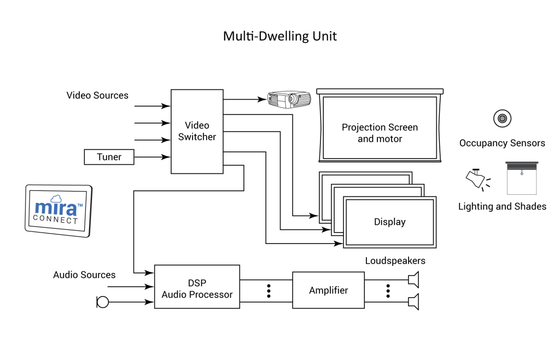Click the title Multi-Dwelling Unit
[x=279, y=37]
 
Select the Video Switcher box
[x=197, y=131]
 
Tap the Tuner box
[x=109, y=157]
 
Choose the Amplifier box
[x=328, y=290]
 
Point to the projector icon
[x=289, y=99]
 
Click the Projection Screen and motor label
[x=380, y=133]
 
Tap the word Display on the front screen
[x=389, y=222]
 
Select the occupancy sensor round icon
[x=501, y=118]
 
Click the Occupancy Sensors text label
[x=501, y=143]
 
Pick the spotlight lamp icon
[x=475, y=178]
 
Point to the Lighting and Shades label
[x=501, y=206]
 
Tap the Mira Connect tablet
[x=59, y=211]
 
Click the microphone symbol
[x=102, y=301]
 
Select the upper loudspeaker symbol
[x=413, y=280]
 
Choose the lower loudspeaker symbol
[x=413, y=301]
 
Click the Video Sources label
[x=97, y=95]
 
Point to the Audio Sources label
[x=84, y=275]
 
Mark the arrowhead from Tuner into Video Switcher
[x=167, y=157]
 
